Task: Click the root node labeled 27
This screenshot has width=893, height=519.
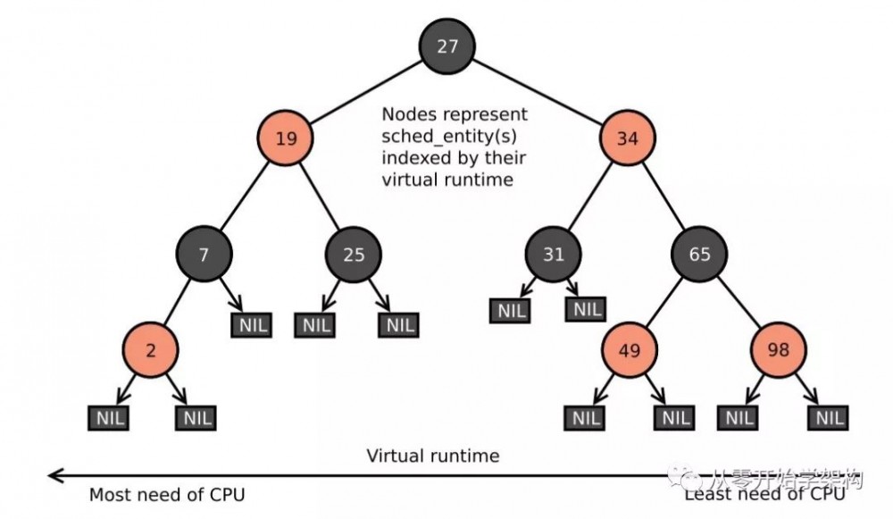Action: point(447,46)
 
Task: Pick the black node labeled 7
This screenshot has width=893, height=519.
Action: point(204,254)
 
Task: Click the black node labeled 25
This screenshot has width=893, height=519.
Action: point(354,254)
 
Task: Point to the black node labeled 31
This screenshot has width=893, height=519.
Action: point(554,254)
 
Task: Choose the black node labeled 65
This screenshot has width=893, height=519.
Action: point(700,254)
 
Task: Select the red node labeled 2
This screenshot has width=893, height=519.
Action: point(150,349)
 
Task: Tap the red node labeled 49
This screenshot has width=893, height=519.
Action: point(629,349)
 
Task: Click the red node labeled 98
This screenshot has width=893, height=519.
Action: point(778,349)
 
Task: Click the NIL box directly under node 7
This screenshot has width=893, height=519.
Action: point(251,324)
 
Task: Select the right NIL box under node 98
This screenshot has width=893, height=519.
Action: point(828,417)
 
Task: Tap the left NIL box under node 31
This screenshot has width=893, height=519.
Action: point(512,310)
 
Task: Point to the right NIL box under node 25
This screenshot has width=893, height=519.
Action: point(396,324)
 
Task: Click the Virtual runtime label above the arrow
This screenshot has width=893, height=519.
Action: point(433,456)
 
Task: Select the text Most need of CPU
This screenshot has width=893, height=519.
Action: point(166,494)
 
